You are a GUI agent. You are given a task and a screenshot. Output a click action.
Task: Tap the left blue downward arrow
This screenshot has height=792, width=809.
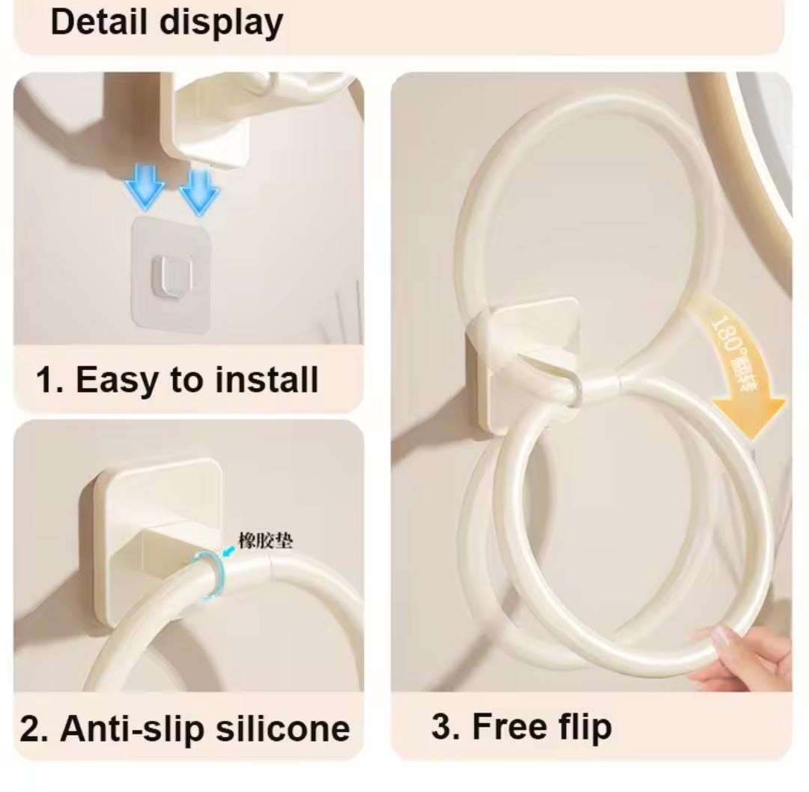[x=145, y=189]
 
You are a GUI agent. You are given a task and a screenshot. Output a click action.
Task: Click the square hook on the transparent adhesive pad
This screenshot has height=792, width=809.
[x=172, y=274]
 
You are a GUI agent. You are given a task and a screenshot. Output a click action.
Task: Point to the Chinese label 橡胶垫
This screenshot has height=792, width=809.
[x=266, y=540]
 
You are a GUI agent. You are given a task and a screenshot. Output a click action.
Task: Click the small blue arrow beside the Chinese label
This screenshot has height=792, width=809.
[x=228, y=549]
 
